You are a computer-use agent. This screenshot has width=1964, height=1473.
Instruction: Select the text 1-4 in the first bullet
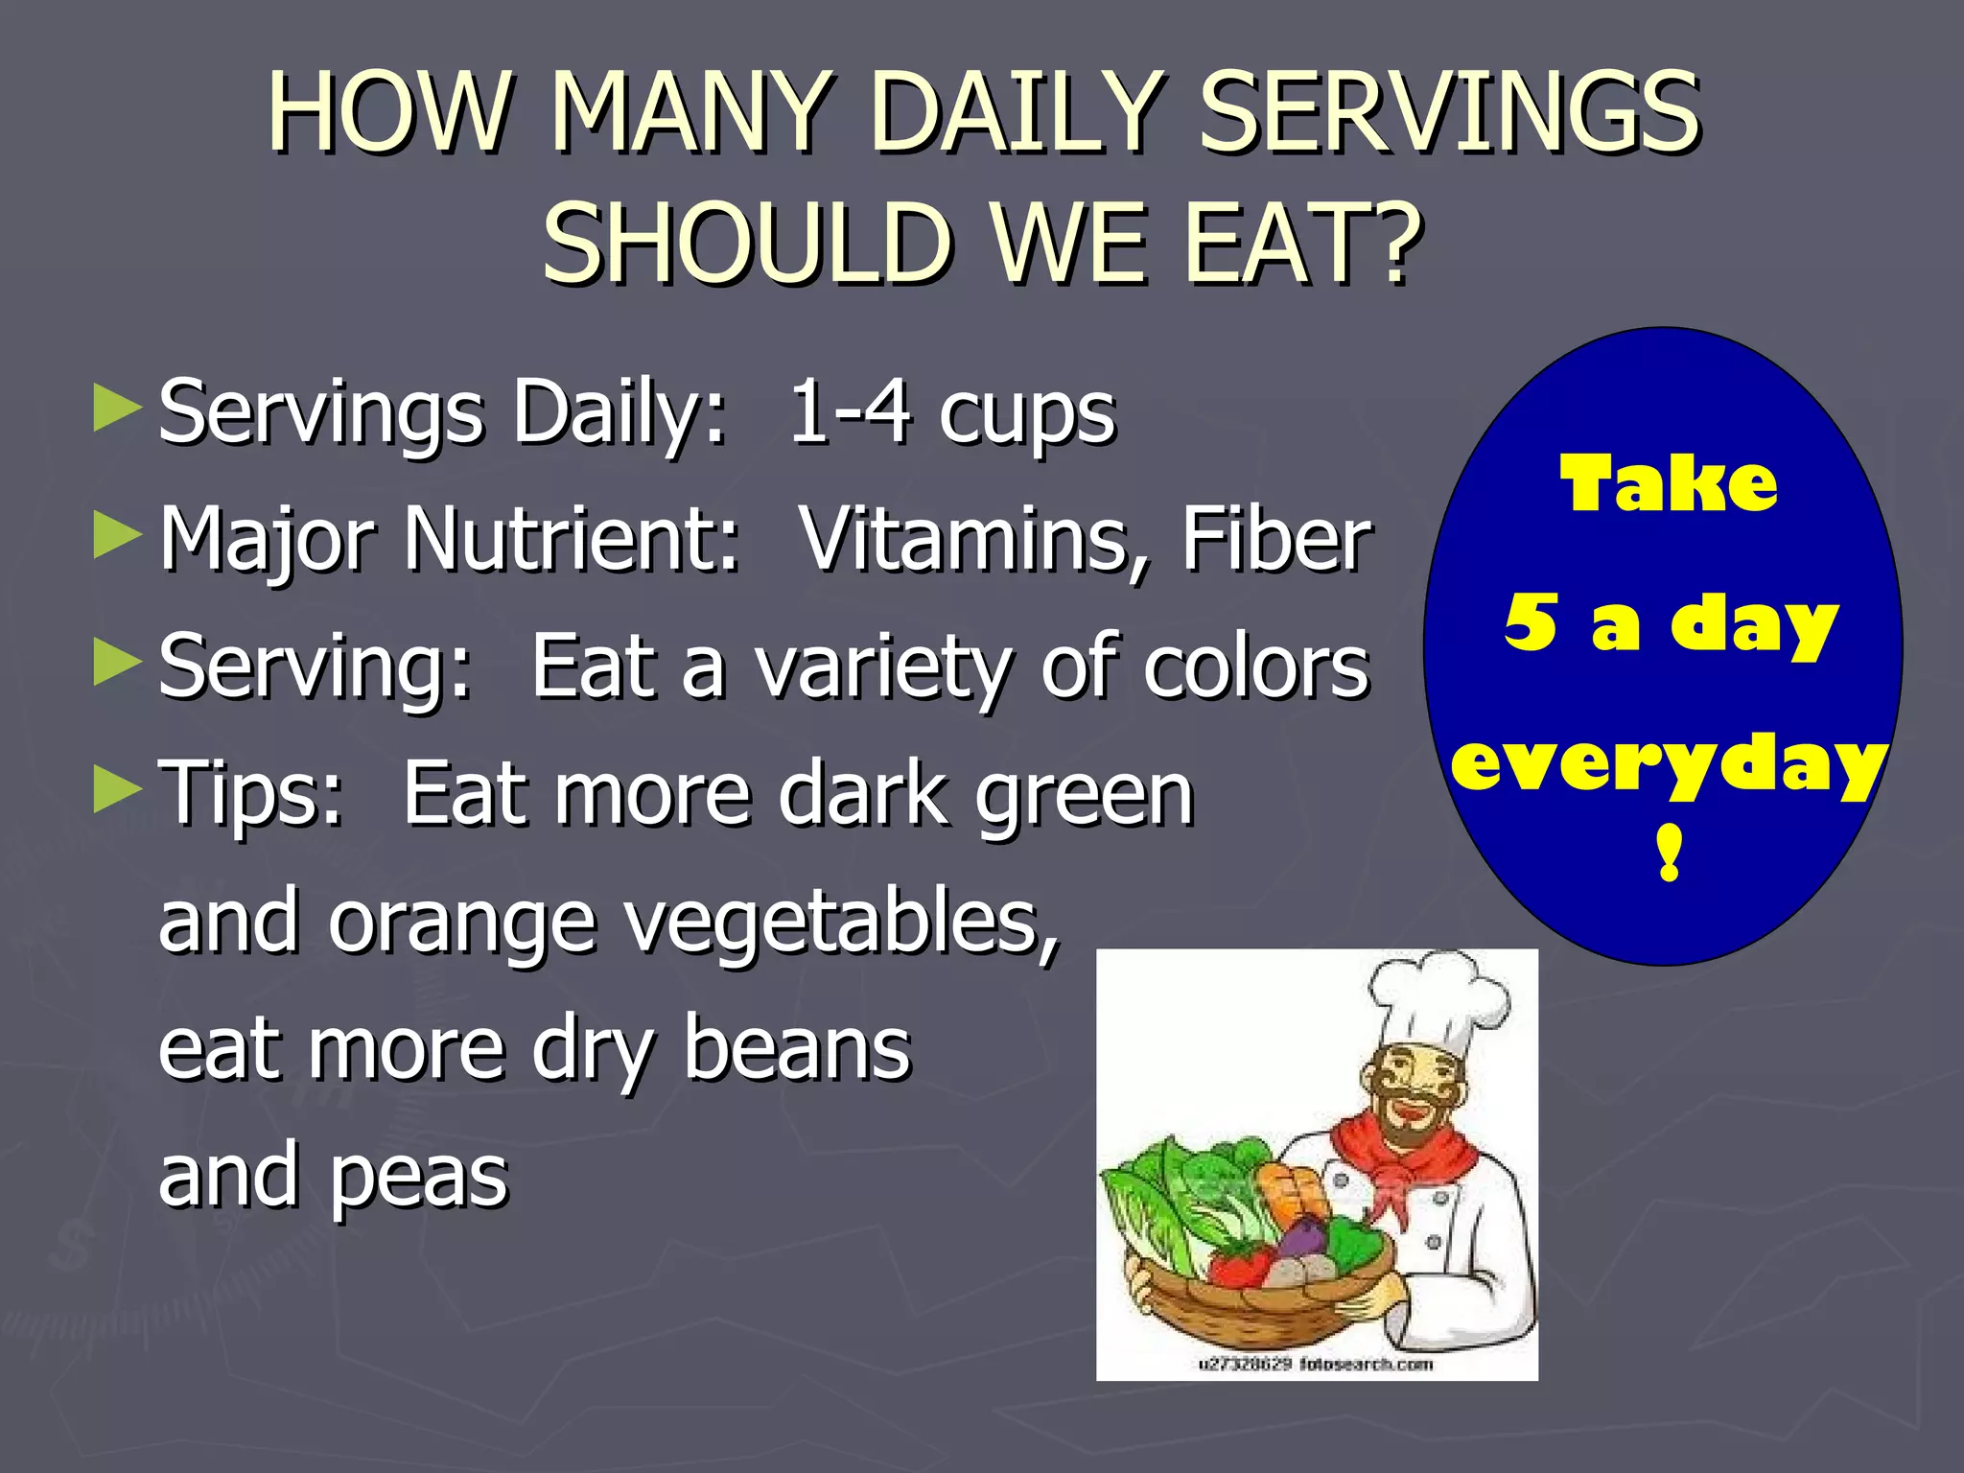[848, 413]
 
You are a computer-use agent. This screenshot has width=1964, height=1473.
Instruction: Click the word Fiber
[1275, 540]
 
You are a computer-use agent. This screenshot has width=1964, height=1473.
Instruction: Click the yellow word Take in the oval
[1669, 484]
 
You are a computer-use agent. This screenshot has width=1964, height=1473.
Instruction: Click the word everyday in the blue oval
[1669, 764]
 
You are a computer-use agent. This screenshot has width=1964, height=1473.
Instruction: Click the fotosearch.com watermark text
[1366, 1364]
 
